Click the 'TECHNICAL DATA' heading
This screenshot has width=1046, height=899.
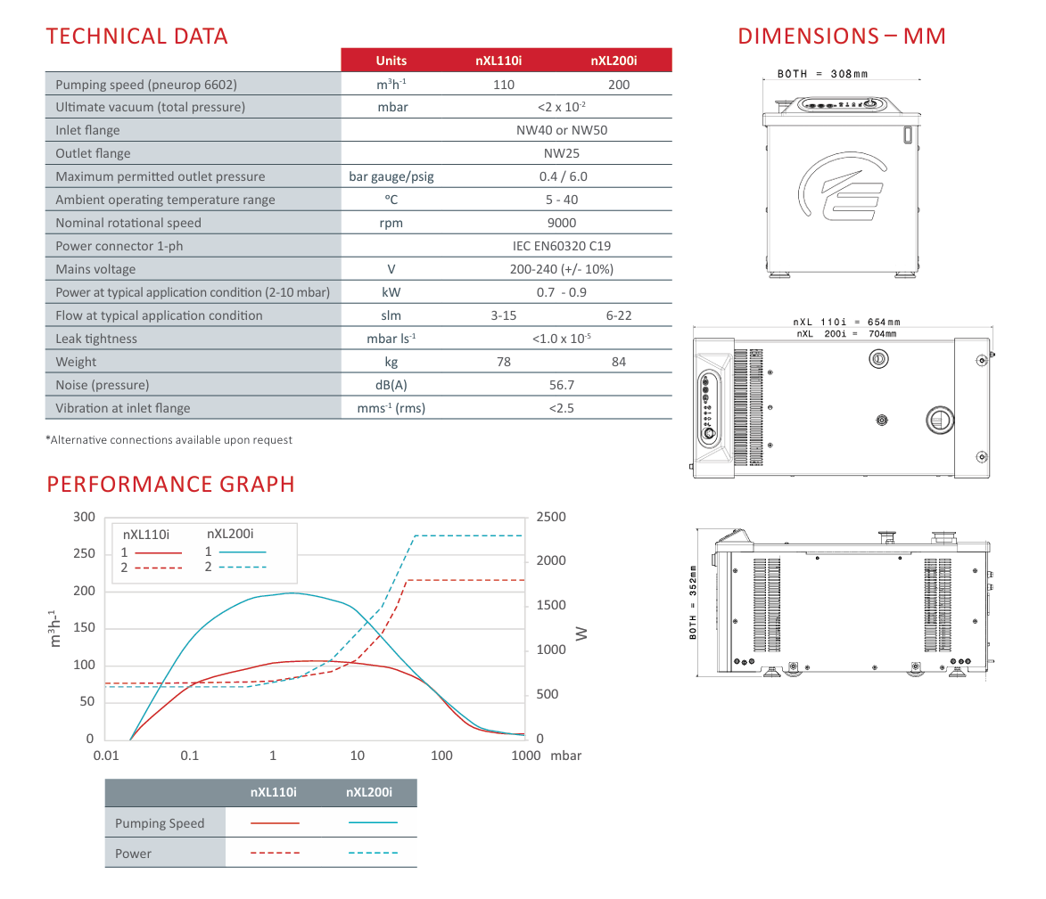click(x=136, y=37)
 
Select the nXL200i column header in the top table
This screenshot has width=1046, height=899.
click(x=614, y=61)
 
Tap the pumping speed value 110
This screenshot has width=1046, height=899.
click(x=504, y=85)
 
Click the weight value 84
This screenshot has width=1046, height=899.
click(x=619, y=362)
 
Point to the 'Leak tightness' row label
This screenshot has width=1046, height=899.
click(x=96, y=339)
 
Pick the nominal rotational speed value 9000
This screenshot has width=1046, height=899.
click(x=562, y=223)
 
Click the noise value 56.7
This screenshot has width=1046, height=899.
click(x=562, y=385)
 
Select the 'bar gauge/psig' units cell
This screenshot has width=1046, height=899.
click(x=391, y=176)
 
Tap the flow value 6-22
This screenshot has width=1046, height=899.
click(x=619, y=315)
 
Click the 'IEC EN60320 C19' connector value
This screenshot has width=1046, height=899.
click(x=563, y=246)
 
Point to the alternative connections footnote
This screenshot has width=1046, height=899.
click(x=169, y=440)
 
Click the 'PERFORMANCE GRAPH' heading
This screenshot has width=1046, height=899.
click(x=170, y=484)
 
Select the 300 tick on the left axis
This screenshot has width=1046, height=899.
click(x=84, y=517)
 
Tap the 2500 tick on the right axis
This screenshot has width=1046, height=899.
click(x=551, y=517)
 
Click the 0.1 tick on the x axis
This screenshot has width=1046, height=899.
click(x=189, y=756)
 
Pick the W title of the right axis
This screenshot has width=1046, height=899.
click(x=581, y=633)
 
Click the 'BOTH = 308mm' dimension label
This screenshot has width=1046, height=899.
click(x=822, y=74)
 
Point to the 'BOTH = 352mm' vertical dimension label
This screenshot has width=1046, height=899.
click(x=693, y=602)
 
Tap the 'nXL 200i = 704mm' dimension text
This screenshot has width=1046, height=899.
click(x=846, y=333)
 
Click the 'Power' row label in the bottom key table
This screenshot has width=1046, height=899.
click(x=133, y=854)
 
